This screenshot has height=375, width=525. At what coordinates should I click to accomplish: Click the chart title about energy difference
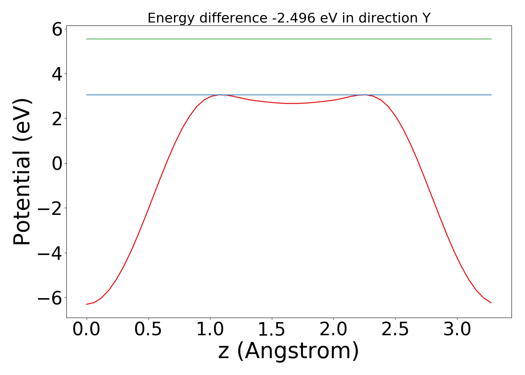tap(289, 18)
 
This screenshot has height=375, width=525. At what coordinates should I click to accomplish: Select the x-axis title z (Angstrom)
tap(288, 351)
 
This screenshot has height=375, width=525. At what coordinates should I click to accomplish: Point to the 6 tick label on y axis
tap(57, 29)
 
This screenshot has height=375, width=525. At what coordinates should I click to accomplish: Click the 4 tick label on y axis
tap(57, 74)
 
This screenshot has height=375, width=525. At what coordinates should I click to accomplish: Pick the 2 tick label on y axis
tap(57, 118)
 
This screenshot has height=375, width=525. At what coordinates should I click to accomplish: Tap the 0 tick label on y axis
tap(57, 163)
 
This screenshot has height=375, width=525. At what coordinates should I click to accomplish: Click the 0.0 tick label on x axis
tap(87, 330)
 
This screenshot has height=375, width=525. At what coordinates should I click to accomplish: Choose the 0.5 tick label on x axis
tap(148, 330)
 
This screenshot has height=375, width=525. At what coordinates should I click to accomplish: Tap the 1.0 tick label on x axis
tap(210, 330)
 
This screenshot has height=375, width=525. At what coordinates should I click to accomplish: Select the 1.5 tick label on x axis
tap(272, 330)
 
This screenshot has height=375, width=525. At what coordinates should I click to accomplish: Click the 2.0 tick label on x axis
tap(334, 330)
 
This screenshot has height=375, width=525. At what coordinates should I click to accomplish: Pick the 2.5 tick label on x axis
tap(395, 330)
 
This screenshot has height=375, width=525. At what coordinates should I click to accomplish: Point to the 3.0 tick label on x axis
tap(457, 330)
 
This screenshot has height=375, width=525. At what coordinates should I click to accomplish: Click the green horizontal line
tap(289, 39)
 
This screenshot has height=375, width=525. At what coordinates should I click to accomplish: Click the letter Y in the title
tap(426, 18)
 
